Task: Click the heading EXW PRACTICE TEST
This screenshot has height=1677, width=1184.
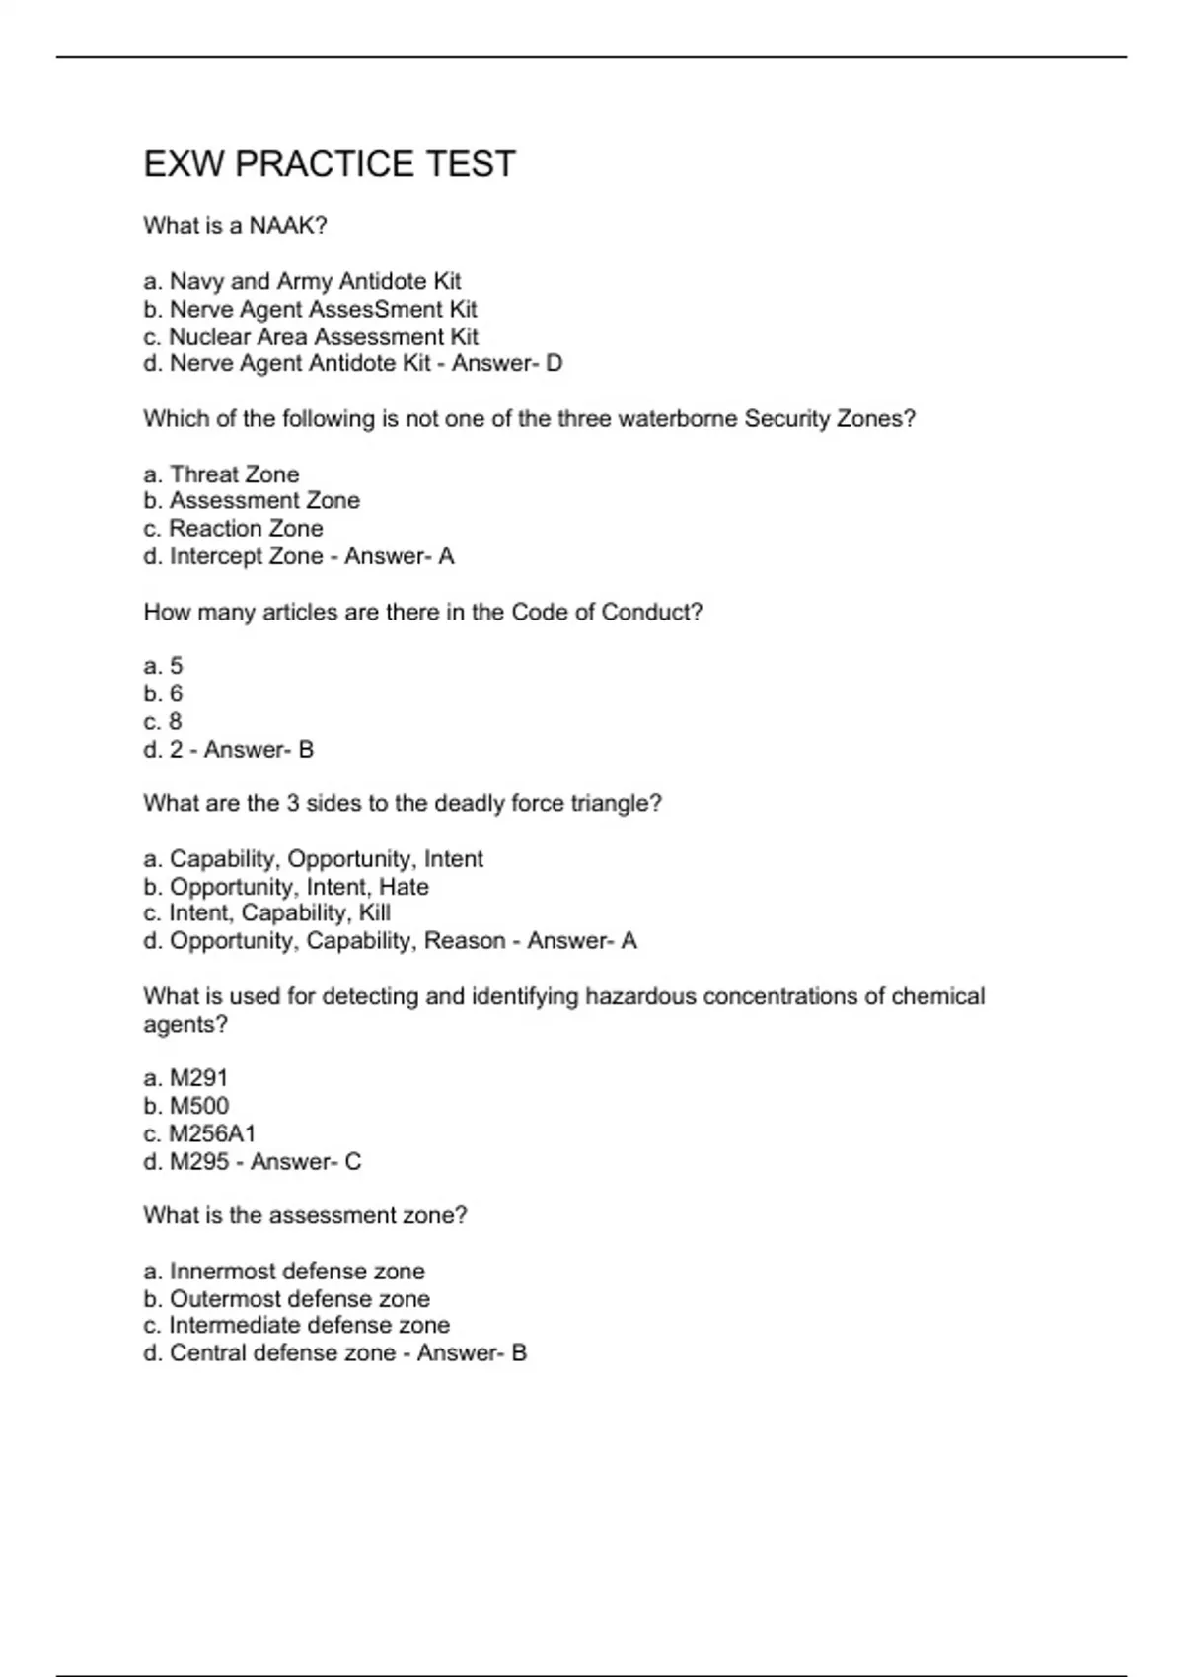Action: [x=330, y=164]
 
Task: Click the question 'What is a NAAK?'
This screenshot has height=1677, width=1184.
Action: [x=235, y=226]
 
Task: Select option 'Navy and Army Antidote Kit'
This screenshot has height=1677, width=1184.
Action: [x=302, y=282]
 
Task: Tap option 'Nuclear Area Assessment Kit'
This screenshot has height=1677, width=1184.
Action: [x=311, y=337]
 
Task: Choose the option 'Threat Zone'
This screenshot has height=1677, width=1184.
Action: [x=222, y=474]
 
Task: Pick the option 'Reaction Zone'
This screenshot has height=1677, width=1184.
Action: [x=234, y=529]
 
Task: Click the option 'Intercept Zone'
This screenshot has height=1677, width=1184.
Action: [x=235, y=557]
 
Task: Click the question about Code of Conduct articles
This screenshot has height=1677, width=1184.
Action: [x=422, y=613]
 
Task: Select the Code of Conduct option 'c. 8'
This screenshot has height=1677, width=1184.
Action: [x=164, y=722]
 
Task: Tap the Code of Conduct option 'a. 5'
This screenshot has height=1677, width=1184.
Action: [x=164, y=667]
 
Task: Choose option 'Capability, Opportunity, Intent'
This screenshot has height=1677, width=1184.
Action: [x=314, y=859]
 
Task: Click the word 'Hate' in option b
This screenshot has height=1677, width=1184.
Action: [x=404, y=887]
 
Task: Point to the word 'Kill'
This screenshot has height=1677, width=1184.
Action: [x=375, y=913]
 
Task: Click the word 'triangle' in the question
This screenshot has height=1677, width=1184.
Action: [x=617, y=804]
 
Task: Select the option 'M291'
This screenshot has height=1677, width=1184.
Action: [x=186, y=1079]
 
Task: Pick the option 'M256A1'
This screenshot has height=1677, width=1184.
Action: [x=199, y=1134]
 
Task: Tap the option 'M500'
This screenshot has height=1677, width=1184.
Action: [x=186, y=1107]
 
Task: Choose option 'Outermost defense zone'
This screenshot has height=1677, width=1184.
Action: [x=287, y=1299]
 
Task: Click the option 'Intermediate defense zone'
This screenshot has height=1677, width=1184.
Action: [x=297, y=1326]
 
